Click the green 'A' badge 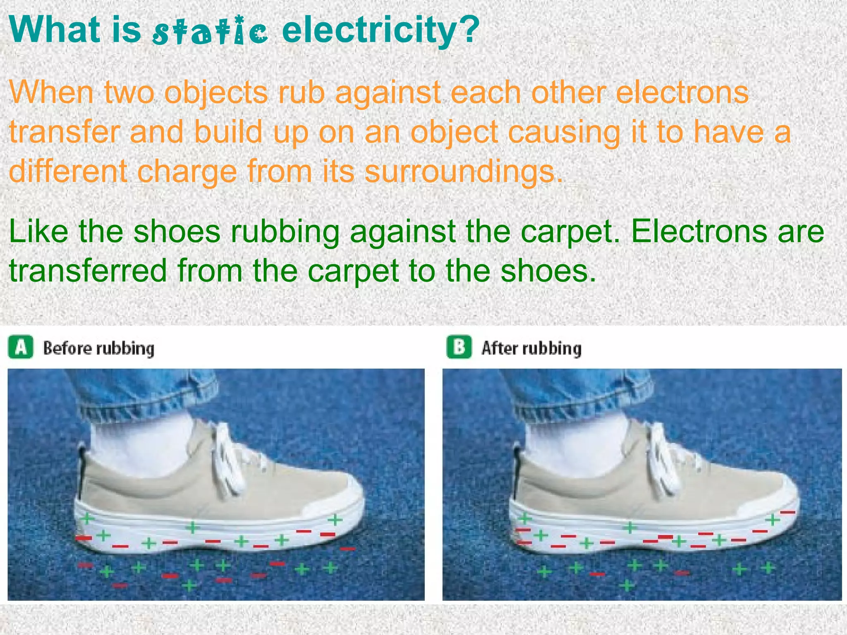(x=20, y=347)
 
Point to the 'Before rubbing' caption (x=98, y=348)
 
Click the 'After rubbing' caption (x=531, y=348)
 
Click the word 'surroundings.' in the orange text (x=463, y=171)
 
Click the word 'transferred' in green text (x=88, y=271)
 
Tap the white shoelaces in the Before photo (x=232, y=459)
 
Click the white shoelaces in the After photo (x=666, y=459)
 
